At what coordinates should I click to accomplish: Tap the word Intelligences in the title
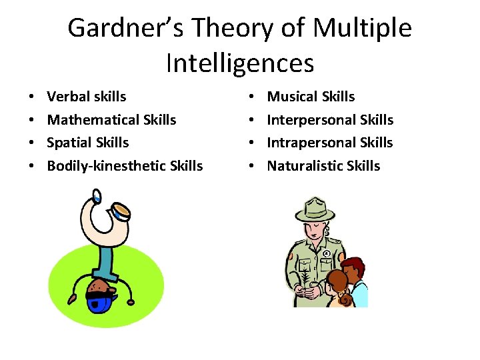coord(239,63)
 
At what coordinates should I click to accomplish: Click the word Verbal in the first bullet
coord(69,97)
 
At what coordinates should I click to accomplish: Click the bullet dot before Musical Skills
coord(253,97)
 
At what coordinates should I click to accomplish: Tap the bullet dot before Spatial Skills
coord(33,143)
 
